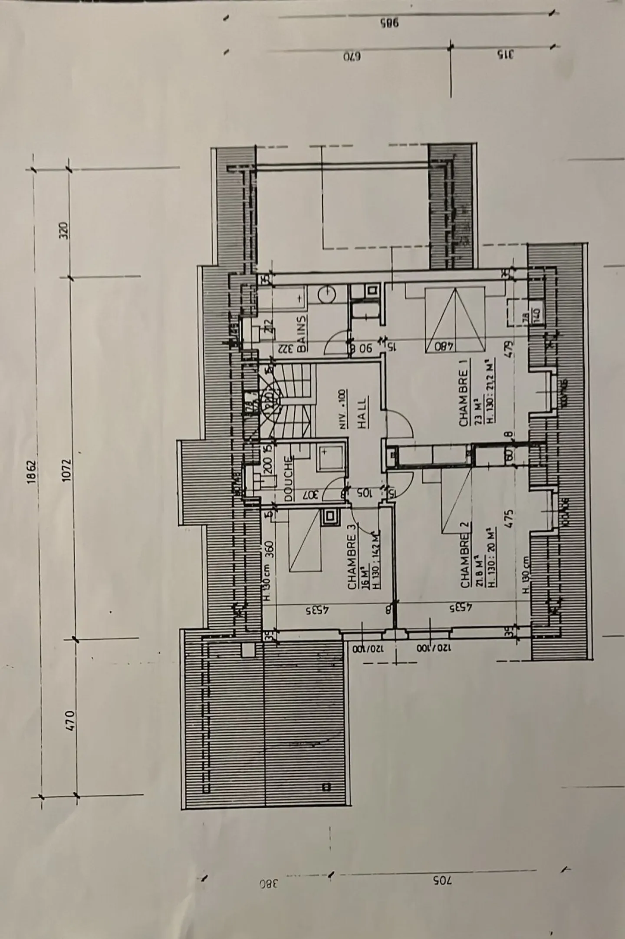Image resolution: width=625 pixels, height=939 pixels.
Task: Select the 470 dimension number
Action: (71, 721)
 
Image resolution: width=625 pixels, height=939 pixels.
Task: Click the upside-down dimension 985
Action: (389, 23)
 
